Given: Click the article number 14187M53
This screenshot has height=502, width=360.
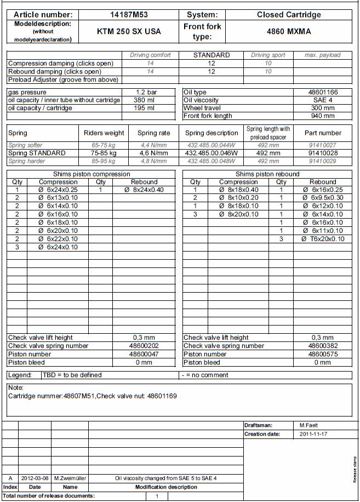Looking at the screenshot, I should [129, 15].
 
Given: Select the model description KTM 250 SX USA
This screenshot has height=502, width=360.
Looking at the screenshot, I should [129, 32].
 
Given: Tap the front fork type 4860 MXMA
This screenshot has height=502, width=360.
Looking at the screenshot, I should [289, 32].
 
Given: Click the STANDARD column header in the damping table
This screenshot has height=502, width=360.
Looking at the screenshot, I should [212, 55].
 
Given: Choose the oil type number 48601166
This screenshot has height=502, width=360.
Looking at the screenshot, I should [323, 93].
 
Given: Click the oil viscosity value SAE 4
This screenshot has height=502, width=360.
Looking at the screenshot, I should [323, 100].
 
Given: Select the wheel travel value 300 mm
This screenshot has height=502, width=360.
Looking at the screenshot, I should [323, 108].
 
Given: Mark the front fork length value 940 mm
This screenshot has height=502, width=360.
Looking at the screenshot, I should [323, 116].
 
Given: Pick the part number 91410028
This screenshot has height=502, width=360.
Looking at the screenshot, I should [323, 153].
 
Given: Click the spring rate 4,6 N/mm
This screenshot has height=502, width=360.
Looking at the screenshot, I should [153, 153].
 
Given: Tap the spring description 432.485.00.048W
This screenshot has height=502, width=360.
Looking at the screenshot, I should [212, 162].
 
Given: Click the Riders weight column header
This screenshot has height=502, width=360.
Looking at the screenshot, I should [104, 133].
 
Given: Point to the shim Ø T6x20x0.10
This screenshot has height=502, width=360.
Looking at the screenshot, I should [323, 239].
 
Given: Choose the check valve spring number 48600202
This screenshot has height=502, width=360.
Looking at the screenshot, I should [144, 346].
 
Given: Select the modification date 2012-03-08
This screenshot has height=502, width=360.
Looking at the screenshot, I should [35, 478].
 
